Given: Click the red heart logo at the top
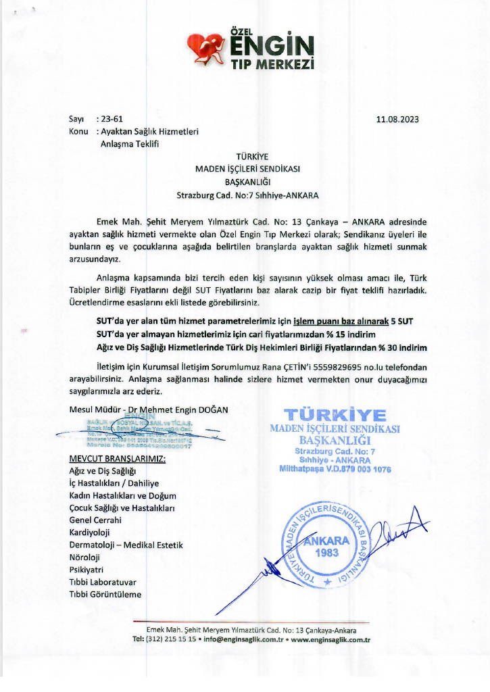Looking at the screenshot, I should click(x=210, y=47).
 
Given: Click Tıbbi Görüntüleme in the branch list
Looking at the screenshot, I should click(x=105, y=595).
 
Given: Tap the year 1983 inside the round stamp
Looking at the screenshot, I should click(x=327, y=551).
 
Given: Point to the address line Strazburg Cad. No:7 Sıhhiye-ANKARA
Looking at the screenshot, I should click(x=247, y=195).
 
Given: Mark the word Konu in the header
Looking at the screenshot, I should click(x=79, y=131).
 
